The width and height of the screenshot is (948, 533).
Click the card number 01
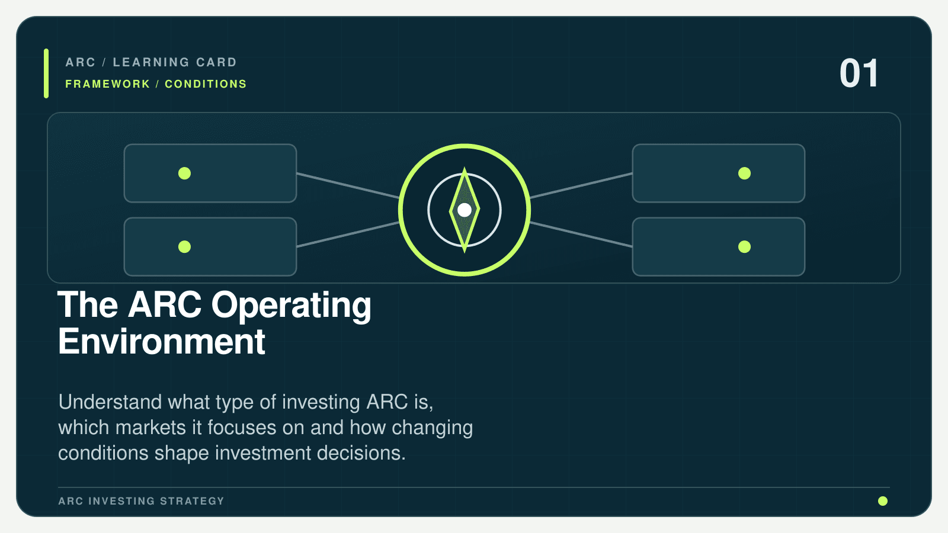859,73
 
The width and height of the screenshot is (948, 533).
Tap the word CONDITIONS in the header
206,84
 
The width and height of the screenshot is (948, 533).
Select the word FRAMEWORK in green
107,84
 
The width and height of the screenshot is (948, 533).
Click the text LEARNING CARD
174,62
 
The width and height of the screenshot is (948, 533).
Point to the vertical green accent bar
46,73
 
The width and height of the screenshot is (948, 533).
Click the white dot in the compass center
465,210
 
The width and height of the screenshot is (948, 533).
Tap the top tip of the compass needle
465,167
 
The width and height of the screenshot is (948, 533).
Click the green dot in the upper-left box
184,174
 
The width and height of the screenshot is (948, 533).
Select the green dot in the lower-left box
184,246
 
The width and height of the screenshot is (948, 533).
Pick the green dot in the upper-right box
744,174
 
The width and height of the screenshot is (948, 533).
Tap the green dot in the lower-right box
744,246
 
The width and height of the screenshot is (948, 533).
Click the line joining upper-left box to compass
348,186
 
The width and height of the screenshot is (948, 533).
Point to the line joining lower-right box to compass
581,235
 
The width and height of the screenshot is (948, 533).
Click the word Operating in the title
291,306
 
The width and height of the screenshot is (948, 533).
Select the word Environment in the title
162,341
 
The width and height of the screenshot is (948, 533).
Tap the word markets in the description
150,427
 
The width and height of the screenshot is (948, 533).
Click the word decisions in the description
361,453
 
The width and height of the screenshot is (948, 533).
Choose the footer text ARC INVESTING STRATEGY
141,501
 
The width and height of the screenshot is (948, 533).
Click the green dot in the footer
883,501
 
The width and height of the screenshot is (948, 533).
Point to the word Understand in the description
110,402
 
